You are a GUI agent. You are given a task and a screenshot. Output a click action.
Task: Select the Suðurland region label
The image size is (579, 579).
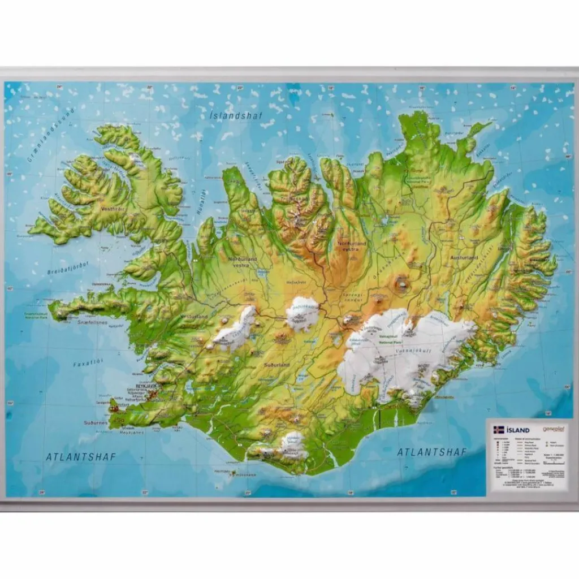point(276,365)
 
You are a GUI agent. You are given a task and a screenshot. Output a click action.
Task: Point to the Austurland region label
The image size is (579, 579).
point(464,258)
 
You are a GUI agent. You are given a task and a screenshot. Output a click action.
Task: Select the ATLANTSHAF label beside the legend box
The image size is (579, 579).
point(432,452)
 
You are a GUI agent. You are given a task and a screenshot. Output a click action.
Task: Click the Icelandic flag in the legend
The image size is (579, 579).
point(498,429)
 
